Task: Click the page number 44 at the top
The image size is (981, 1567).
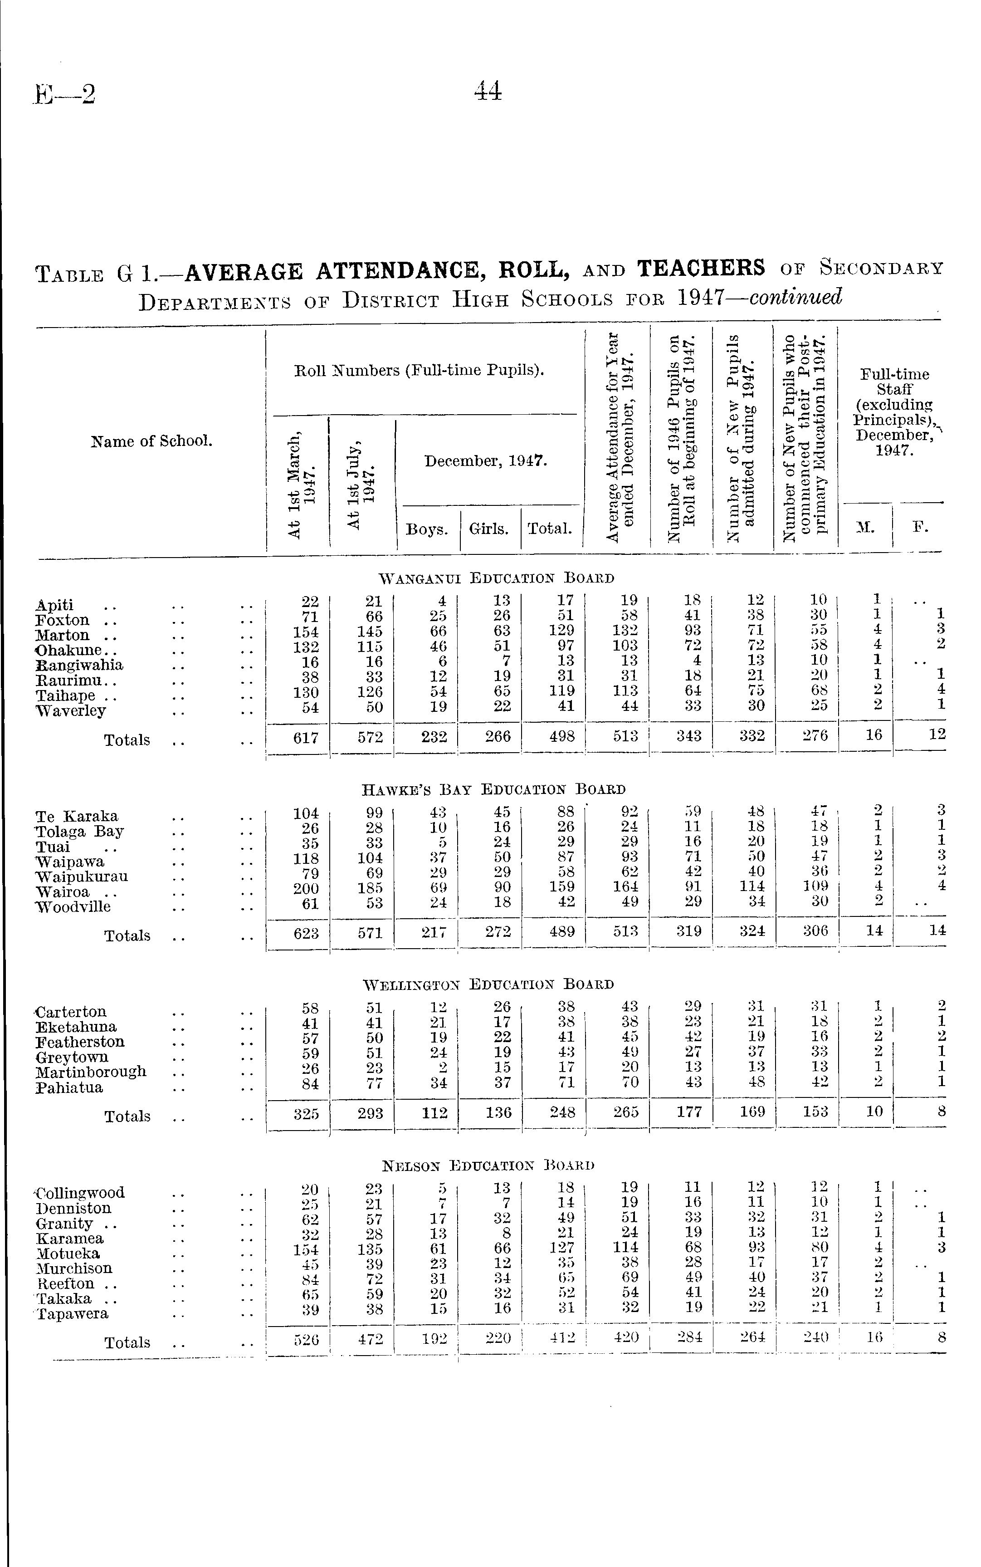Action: coord(488,91)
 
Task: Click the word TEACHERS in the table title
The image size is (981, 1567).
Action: coord(701,268)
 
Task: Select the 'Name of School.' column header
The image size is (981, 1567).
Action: coord(152,441)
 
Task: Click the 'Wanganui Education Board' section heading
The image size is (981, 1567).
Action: coord(496,578)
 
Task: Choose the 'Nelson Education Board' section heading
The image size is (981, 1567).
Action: coord(488,1165)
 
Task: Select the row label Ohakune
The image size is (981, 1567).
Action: coord(68,650)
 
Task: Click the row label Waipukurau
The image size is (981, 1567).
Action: coord(82,876)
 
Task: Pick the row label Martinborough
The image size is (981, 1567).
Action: coord(91,1071)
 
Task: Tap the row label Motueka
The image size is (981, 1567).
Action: coord(68,1253)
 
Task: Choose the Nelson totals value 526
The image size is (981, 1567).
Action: coord(306,1339)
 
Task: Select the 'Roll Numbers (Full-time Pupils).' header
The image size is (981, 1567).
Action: coord(419,371)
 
